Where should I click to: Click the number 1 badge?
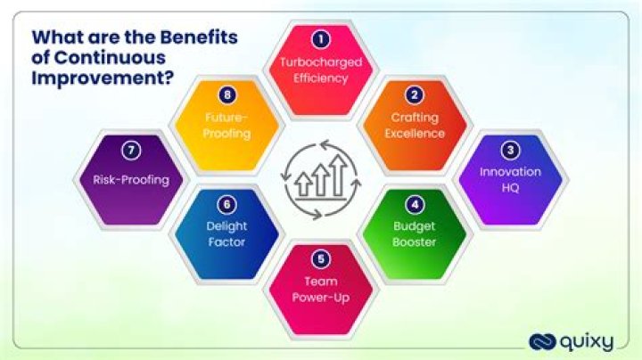(320, 38)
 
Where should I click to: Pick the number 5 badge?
(320, 258)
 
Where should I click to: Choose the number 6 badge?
(228, 203)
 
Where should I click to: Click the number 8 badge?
(228, 94)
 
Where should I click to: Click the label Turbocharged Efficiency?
(320, 70)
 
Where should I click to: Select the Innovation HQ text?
(511, 179)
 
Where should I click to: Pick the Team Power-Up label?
(320, 290)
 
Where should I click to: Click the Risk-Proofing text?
(131, 179)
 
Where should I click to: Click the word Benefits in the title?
(198, 37)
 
